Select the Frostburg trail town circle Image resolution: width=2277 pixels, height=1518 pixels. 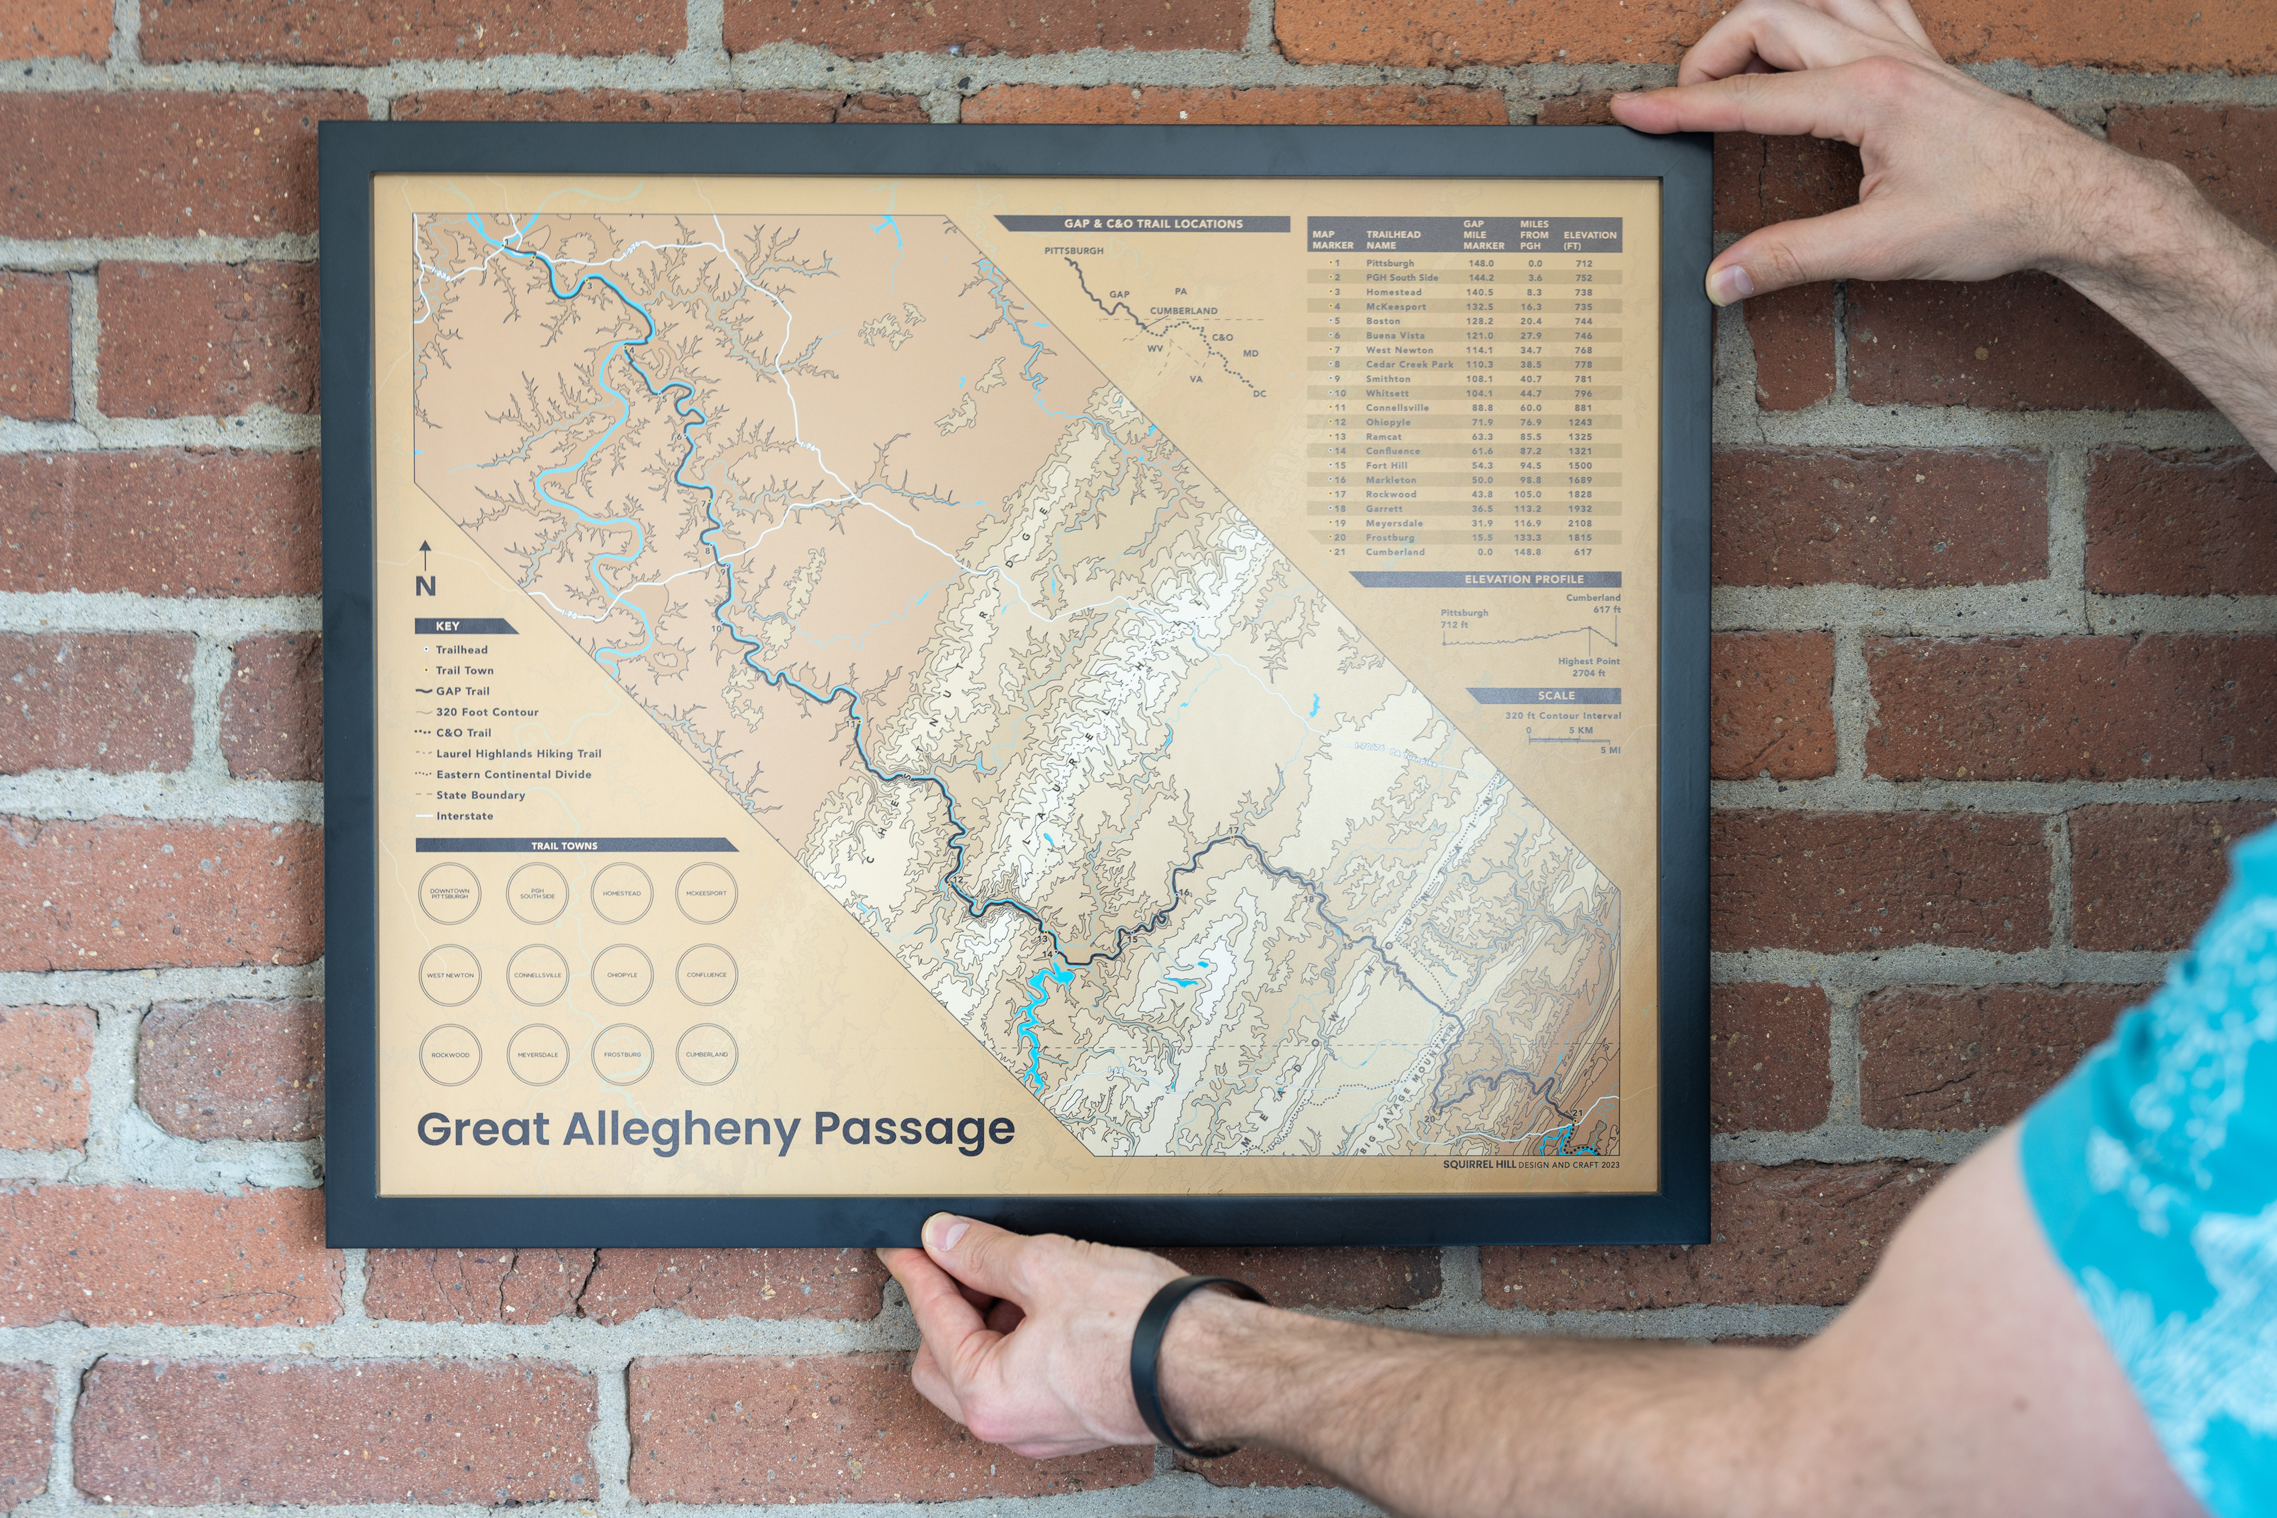click(621, 1054)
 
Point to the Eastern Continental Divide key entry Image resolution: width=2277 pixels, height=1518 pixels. click(513, 774)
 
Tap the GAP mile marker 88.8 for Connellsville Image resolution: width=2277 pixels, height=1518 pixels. click(1481, 407)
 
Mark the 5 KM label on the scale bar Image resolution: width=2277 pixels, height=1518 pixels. click(1580, 730)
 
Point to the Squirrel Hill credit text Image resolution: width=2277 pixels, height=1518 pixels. click(1530, 1165)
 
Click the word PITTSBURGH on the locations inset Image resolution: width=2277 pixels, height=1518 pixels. click(1074, 251)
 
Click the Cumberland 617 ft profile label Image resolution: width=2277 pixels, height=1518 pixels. click(1593, 603)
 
